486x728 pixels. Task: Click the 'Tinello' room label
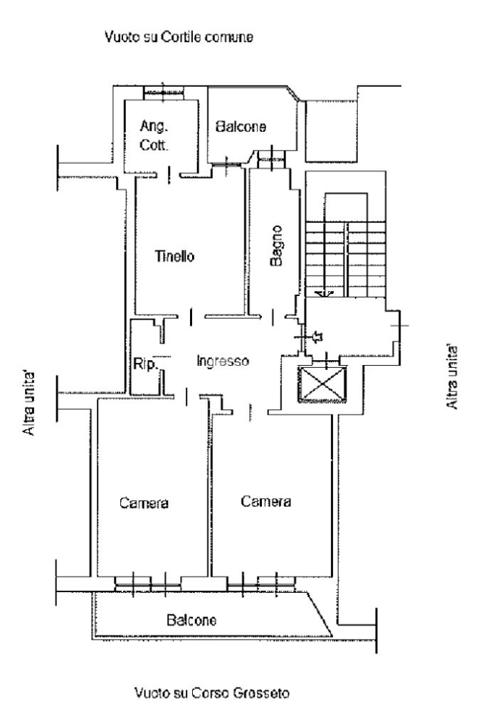click(x=175, y=257)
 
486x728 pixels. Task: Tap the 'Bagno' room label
click(x=277, y=246)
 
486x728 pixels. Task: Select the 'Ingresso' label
click(x=222, y=362)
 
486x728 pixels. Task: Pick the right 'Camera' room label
click(x=265, y=501)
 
